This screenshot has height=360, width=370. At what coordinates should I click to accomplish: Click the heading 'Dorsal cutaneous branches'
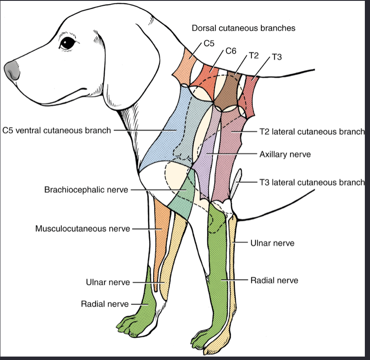243,28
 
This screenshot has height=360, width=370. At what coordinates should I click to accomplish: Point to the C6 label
231,51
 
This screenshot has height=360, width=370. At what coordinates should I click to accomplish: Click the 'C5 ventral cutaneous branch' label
57,130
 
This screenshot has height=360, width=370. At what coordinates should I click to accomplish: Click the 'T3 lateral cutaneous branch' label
312,182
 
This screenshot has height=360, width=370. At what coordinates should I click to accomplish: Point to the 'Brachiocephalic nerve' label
86,189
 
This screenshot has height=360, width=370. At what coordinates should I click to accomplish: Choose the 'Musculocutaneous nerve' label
82,229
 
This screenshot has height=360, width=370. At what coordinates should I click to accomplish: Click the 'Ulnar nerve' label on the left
107,282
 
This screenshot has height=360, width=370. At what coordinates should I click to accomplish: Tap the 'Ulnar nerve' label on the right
272,243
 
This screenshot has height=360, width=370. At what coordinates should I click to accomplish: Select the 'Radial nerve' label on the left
105,304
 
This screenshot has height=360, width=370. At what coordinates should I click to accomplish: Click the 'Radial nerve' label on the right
274,280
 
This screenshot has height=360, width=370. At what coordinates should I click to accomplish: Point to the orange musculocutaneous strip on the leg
160,240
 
